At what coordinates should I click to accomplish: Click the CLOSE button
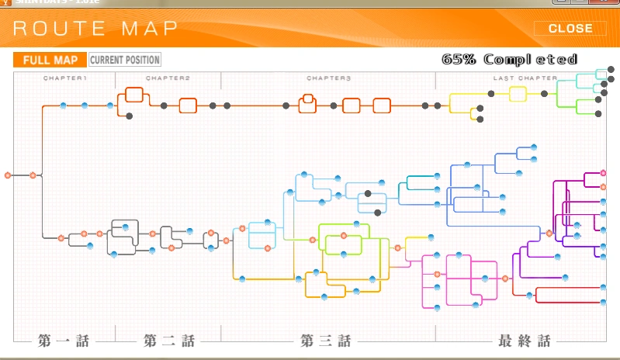coord(570,29)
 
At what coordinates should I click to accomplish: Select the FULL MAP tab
coord(50,60)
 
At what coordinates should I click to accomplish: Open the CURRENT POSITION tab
coord(125,60)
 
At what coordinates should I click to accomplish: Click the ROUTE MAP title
coord(95,29)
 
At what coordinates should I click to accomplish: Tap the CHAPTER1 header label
coord(65,78)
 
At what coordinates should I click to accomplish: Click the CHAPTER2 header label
coord(168,78)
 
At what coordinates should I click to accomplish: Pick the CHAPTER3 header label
coord(329,78)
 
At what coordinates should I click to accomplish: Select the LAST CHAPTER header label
coord(525,78)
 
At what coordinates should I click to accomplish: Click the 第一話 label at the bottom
coord(64,341)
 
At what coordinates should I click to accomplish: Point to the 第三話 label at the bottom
coord(326,341)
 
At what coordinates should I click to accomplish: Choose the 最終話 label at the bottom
coord(525,341)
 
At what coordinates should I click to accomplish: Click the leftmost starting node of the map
coord(8,175)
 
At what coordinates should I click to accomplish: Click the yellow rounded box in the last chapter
coord(518,94)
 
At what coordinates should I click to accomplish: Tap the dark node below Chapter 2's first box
coord(130,116)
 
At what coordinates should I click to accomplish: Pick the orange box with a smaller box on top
coord(308,104)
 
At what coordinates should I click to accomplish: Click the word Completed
coord(531,59)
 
